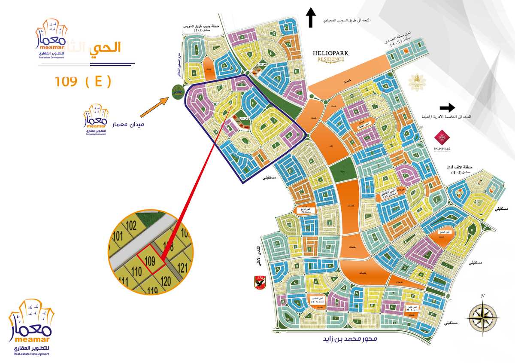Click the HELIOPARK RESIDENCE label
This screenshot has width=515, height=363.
(330, 56)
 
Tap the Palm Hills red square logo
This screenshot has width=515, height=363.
(442, 139)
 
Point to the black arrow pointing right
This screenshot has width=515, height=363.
(447, 107)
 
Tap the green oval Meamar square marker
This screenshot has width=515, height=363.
(177, 91)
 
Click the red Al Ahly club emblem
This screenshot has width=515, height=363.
(259, 282)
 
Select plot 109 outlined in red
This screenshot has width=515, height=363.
(150, 260)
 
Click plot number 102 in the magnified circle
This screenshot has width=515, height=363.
(131, 225)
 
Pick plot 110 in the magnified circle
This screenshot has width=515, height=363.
(136, 271)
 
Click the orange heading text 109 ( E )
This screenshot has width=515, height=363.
(82, 81)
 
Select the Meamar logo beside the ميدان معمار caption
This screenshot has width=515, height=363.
(96, 120)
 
